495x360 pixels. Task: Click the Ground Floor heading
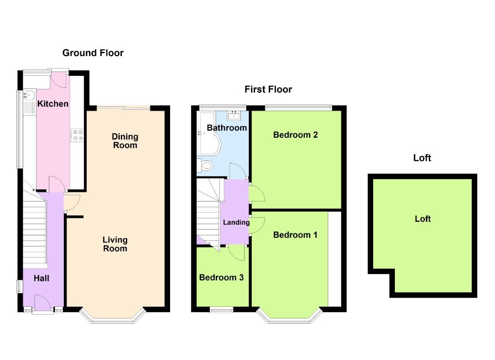[x=93, y=53]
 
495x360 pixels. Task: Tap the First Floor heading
[x=268, y=89]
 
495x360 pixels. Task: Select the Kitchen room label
[x=53, y=104]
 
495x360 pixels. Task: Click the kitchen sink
[x=28, y=95]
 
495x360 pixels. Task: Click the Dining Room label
[x=125, y=141]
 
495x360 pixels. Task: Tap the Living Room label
[x=115, y=244]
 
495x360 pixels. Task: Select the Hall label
[x=41, y=278]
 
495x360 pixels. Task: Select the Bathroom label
[x=227, y=128]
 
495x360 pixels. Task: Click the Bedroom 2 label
[x=295, y=135]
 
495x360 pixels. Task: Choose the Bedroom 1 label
[x=295, y=235]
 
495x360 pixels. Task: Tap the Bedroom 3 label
[x=221, y=278]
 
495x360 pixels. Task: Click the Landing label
[x=236, y=222]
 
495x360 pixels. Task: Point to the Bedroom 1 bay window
[x=289, y=317]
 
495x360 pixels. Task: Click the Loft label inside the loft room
[x=422, y=219]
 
